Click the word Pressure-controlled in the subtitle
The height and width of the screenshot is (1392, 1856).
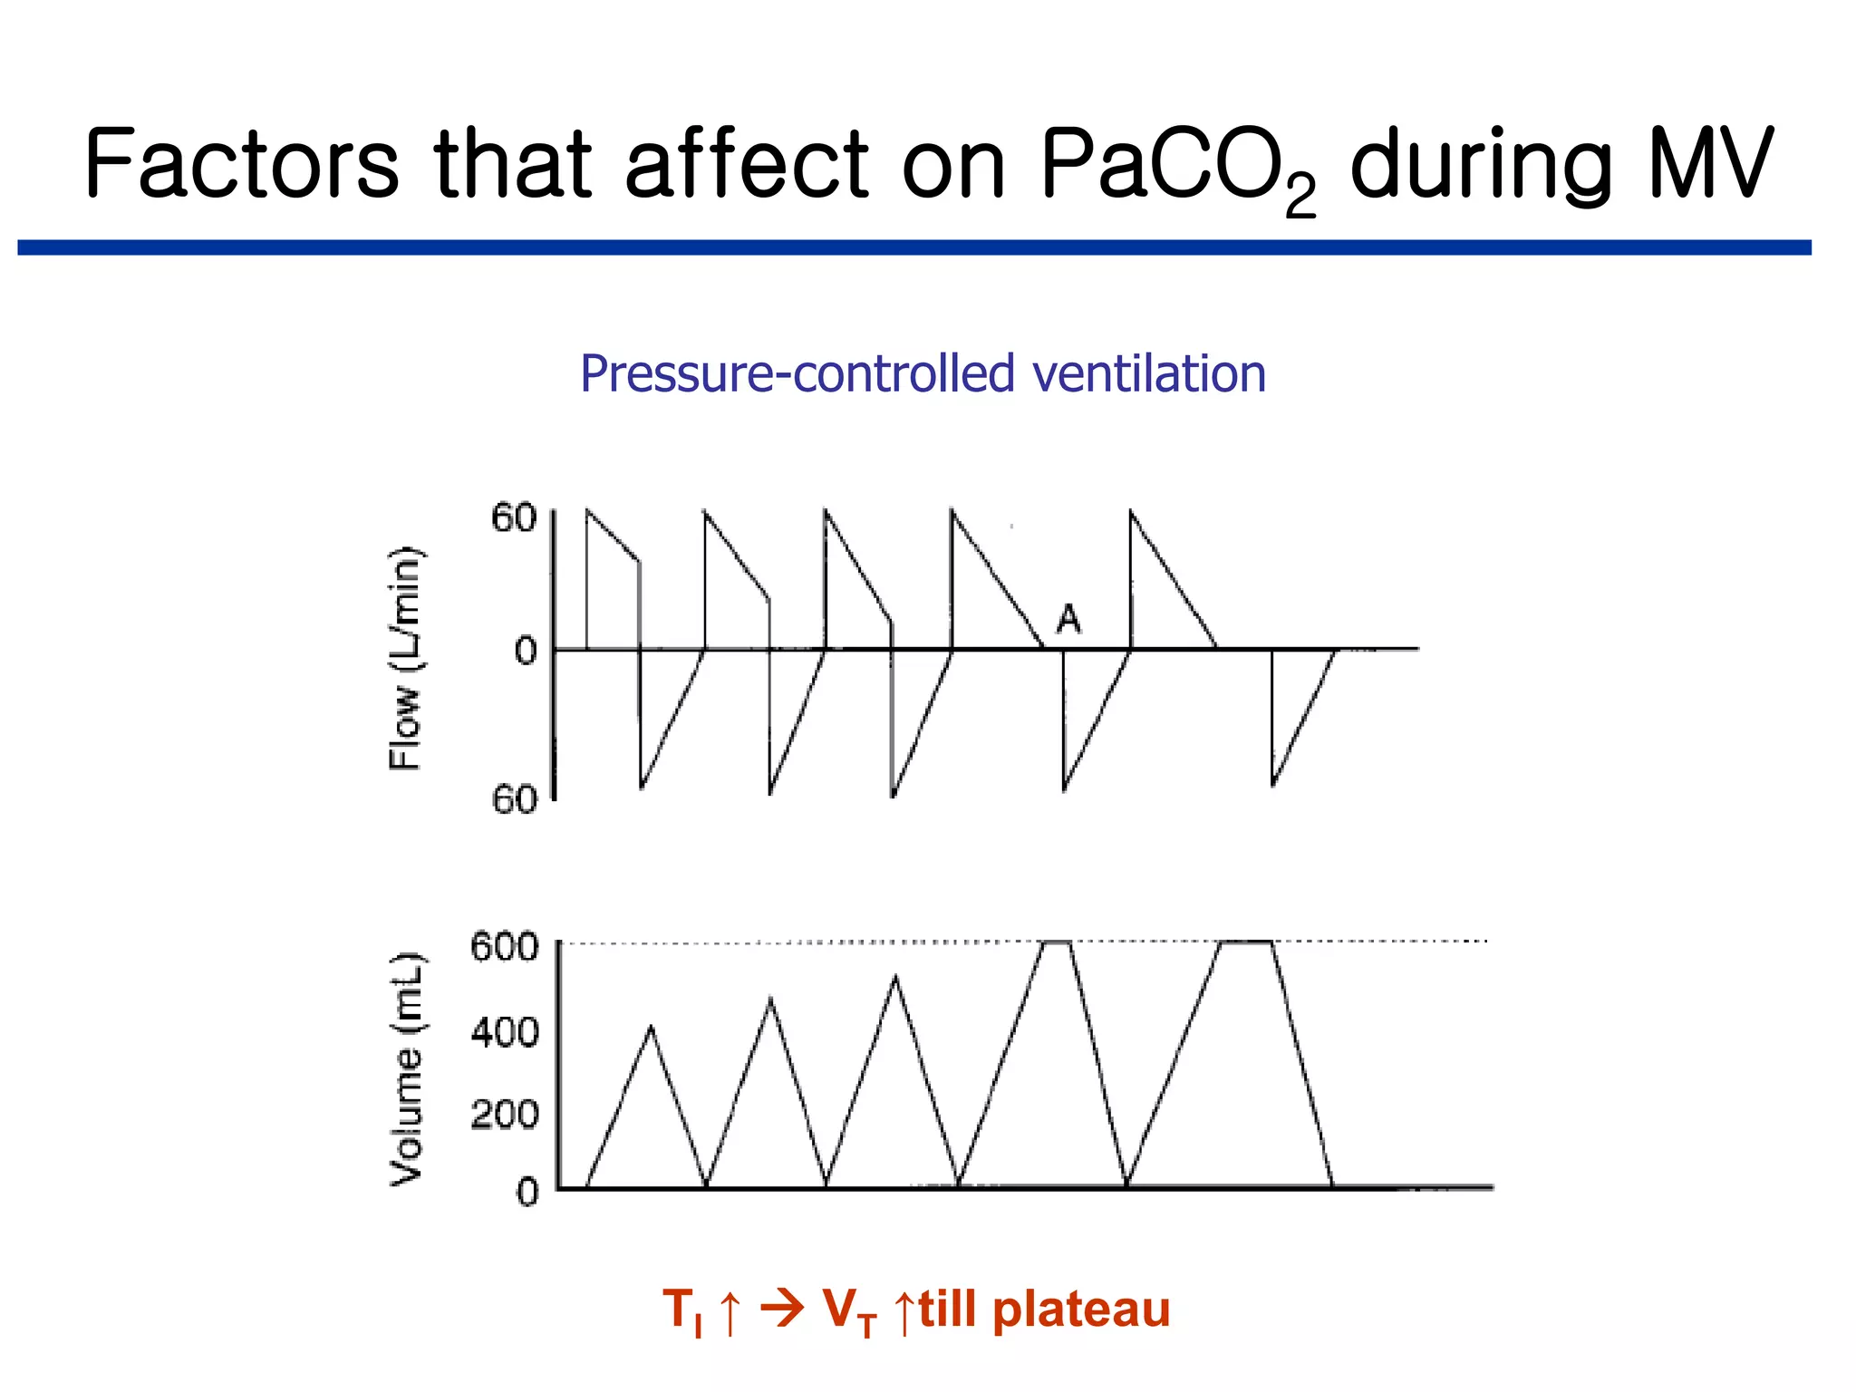click(x=797, y=373)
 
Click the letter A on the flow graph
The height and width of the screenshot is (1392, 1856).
click(x=1069, y=620)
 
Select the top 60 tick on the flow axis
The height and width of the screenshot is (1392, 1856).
click(x=514, y=518)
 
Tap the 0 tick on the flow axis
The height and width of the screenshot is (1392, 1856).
click(x=526, y=651)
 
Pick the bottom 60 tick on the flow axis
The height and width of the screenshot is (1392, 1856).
click(x=514, y=799)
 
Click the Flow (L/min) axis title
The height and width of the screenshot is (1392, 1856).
click(x=405, y=659)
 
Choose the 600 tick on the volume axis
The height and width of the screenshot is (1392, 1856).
click(x=504, y=947)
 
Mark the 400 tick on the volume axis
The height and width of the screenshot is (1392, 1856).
click(x=504, y=1031)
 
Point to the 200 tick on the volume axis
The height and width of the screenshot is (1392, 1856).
click(x=504, y=1114)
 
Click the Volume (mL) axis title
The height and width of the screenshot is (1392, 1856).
click(x=405, y=1069)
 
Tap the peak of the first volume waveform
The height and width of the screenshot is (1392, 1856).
click(x=651, y=1027)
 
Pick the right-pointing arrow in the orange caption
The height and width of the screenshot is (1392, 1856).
click(x=781, y=1309)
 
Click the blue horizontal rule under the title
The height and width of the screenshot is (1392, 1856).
click(x=913, y=247)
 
